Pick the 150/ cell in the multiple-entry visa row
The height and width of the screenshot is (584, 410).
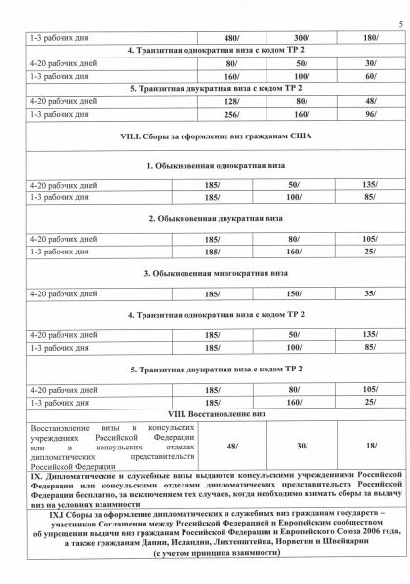point(287,291)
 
